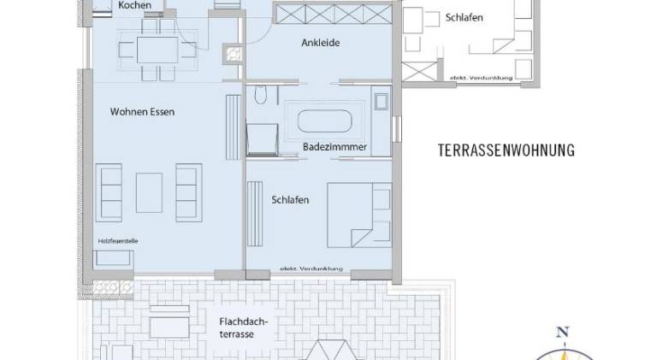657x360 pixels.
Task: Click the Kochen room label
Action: click(x=135, y=5)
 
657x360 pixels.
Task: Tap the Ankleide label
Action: click(x=321, y=43)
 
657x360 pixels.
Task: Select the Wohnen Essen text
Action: click(x=142, y=112)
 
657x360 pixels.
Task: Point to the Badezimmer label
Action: click(x=334, y=147)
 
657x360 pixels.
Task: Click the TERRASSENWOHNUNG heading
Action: click(x=506, y=150)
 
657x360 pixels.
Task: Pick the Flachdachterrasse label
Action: click(x=243, y=328)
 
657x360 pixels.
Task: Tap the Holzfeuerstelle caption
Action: click(x=118, y=241)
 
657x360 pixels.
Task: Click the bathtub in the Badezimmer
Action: click(x=324, y=121)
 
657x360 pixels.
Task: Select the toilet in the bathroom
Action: click(x=261, y=95)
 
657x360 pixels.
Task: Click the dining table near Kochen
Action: click(x=157, y=50)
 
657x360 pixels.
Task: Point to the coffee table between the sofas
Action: click(x=149, y=192)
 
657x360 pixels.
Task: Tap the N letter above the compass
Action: click(x=562, y=333)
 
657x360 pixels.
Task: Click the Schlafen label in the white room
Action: click(x=464, y=18)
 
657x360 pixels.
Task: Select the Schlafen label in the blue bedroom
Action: click(x=290, y=200)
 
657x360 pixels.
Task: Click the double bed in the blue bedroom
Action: click(x=359, y=215)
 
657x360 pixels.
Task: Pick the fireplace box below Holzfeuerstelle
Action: click(x=113, y=260)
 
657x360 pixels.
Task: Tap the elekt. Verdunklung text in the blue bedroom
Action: click(x=311, y=269)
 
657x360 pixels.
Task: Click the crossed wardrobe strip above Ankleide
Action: click(x=333, y=14)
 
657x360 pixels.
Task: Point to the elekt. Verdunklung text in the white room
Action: click(x=481, y=78)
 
